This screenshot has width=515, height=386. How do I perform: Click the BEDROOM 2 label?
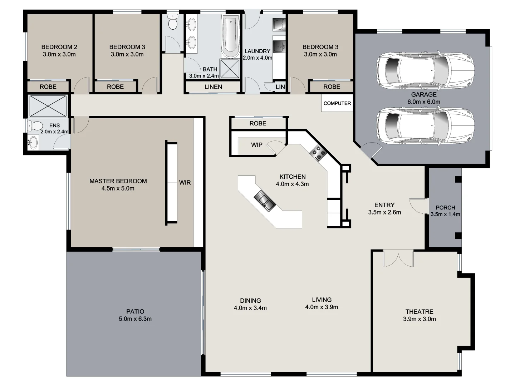click(x=59, y=47)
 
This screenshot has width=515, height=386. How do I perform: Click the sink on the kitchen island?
click(x=265, y=201)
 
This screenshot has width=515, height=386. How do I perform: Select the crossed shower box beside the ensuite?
click(x=48, y=105)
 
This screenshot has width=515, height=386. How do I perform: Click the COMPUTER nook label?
click(x=337, y=103)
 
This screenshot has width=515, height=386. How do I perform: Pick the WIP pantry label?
click(x=256, y=145)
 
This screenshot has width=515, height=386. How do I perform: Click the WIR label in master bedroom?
click(x=185, y=183)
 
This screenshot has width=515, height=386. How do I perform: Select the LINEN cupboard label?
click(x=213, y=87)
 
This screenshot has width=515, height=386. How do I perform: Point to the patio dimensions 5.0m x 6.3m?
click(x=135, y=319)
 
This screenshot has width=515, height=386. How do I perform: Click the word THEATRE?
click(x=419, y=312)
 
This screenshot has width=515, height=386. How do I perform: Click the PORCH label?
click(x=445, y=208)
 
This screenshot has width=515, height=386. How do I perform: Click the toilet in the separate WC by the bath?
click(x=173, y=23)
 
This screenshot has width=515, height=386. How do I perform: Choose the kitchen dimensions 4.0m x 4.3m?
click(x=292, y=184)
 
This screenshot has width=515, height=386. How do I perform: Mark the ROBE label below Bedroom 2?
click(x=48, y=87)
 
